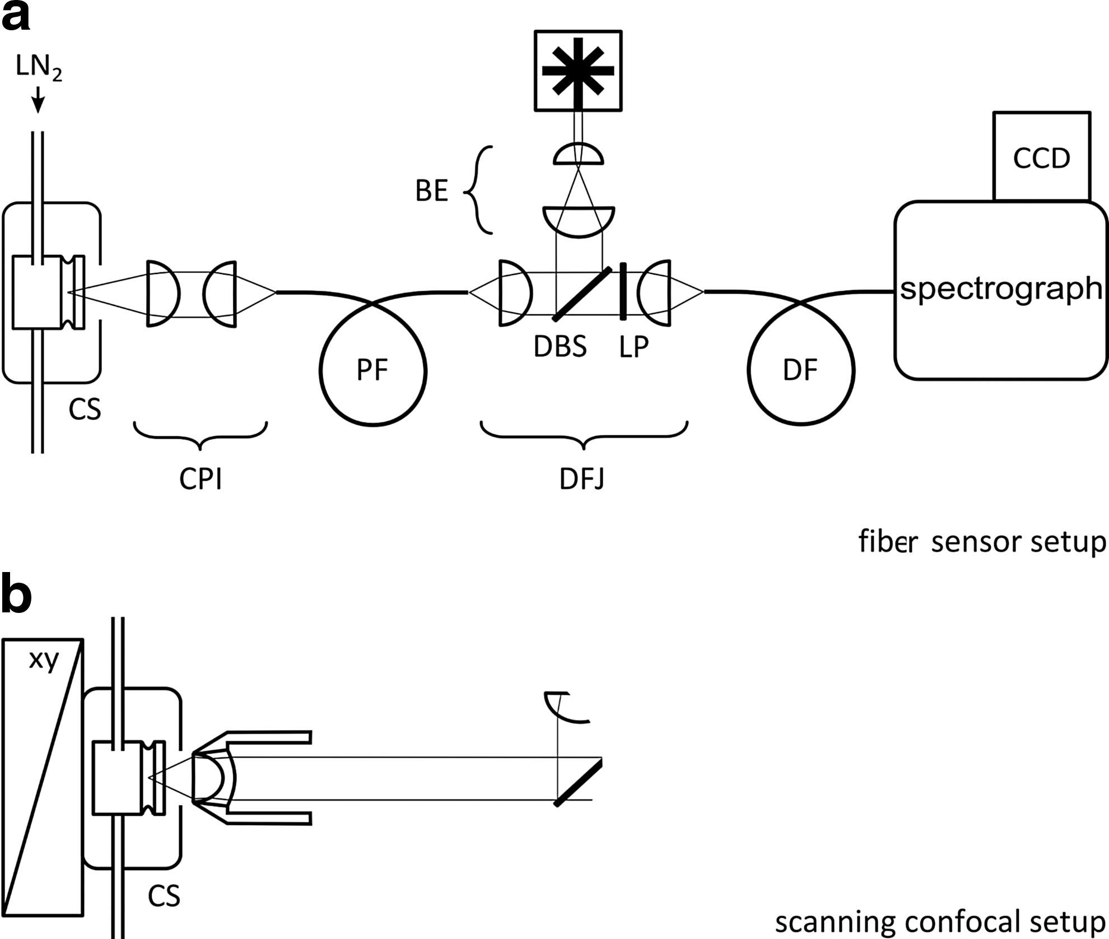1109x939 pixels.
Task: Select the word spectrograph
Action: tap(1001, 289)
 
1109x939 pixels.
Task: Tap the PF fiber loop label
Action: tap(373, 370)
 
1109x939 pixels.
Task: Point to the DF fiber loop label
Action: tap(800, 370)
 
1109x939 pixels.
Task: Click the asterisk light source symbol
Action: tap(578, 71)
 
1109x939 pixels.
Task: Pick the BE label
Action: tap(432, 191)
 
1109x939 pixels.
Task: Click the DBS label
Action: tap(560, 347)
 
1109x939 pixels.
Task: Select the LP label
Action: tap(634, 347)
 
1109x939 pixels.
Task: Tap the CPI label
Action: tap(201, 479)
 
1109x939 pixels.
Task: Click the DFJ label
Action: tap(583, 479)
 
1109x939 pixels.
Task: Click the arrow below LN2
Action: tap(38, 100)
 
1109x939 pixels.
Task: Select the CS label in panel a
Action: tap(85, 410)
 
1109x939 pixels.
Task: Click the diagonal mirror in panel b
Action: tap(579, 782)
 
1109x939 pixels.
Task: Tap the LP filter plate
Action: tap(623, 291)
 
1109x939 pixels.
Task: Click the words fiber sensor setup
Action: tap(982, 542)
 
